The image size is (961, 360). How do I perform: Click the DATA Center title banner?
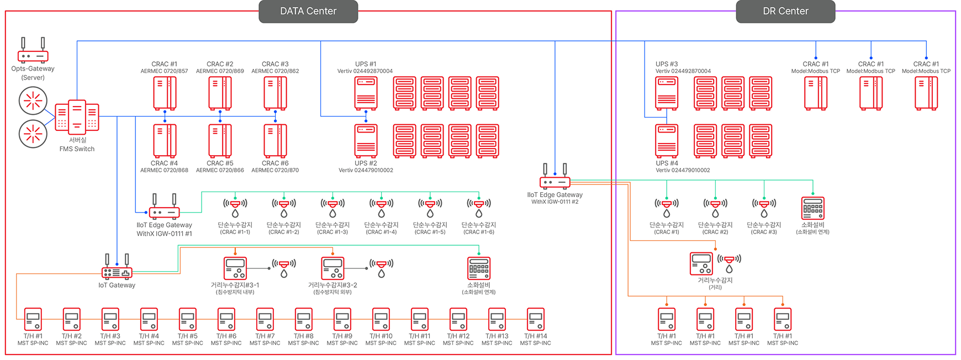click(308, 11)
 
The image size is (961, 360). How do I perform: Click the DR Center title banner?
click(785, 11)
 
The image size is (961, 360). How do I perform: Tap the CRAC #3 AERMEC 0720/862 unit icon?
click(275, 93)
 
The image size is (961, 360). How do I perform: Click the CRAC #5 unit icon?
click(220, 141)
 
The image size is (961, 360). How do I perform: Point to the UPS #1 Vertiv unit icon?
click(366, 93)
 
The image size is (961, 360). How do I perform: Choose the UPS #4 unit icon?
click(667, 141)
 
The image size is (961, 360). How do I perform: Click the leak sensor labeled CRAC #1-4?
click(381, 208)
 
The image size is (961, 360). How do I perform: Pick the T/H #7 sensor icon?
click(265, 319)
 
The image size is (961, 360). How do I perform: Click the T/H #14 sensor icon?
click(536, 319)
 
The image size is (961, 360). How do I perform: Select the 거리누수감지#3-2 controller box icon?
click(333, 268)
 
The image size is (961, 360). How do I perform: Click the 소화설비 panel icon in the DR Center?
click(812, 208)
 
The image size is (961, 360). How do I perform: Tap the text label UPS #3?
click(667, 64)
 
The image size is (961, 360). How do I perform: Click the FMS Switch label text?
click(77, 149)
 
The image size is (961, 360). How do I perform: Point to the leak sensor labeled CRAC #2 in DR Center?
click(715, 208)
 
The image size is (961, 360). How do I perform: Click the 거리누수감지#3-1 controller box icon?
click(235, 268)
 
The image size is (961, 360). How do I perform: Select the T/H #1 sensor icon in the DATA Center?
click(33, 319)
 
